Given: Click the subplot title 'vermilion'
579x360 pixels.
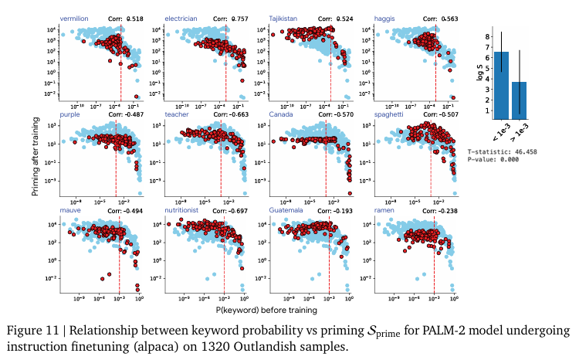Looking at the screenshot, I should pyautogui.click(x=75, y=17).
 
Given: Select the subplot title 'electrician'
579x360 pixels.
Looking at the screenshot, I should pyautogui.click(x=182, y=17).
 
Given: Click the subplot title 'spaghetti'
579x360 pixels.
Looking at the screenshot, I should pyautogui.click(x=389, y=114).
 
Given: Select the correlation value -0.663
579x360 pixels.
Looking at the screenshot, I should pyautogui.click(x=231, y=114).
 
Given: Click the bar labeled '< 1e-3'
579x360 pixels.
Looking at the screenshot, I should pyautogui.click(x=501, y=84).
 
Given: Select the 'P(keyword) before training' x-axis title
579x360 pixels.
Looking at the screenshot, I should pyautogui.click(x=268, y=309).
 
